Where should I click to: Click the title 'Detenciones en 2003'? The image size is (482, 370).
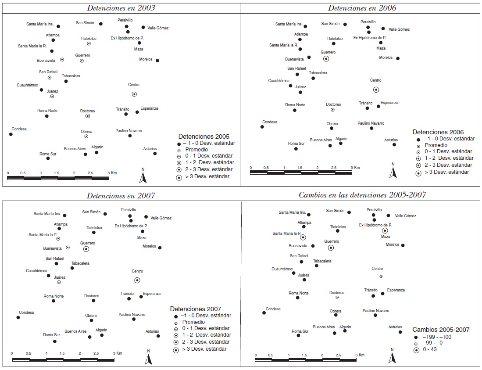121,7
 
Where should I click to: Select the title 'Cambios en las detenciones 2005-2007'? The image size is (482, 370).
362,195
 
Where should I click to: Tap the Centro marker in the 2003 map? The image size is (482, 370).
134,94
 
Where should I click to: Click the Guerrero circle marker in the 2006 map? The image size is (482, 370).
326,58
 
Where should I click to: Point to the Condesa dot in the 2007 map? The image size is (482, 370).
18,317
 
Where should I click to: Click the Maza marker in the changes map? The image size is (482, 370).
385,230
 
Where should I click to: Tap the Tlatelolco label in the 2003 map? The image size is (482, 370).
88,39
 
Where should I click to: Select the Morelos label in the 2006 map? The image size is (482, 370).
386,57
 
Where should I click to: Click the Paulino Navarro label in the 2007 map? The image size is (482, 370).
132,314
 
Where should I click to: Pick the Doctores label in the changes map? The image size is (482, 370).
337,292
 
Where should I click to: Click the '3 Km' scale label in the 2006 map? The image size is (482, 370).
354,167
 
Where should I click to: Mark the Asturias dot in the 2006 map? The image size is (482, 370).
394,144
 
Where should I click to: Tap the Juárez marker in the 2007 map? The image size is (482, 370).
59,282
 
